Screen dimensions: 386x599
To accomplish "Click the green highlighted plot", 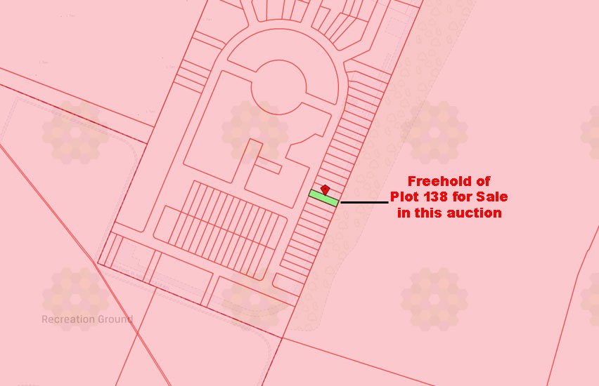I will tap(323, 198).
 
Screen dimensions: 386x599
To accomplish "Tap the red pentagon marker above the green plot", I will tap(325, 189).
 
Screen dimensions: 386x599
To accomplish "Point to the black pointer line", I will tap(364, 202).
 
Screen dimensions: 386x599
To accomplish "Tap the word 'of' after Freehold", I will tap(482, 182).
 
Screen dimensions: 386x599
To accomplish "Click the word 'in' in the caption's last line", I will tap(404, 213).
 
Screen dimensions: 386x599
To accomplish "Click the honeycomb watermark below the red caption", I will tap(434, 299).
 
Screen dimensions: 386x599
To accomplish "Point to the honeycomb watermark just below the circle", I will tap(255, 131).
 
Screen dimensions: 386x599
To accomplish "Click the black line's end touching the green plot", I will tap(342, 202).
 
